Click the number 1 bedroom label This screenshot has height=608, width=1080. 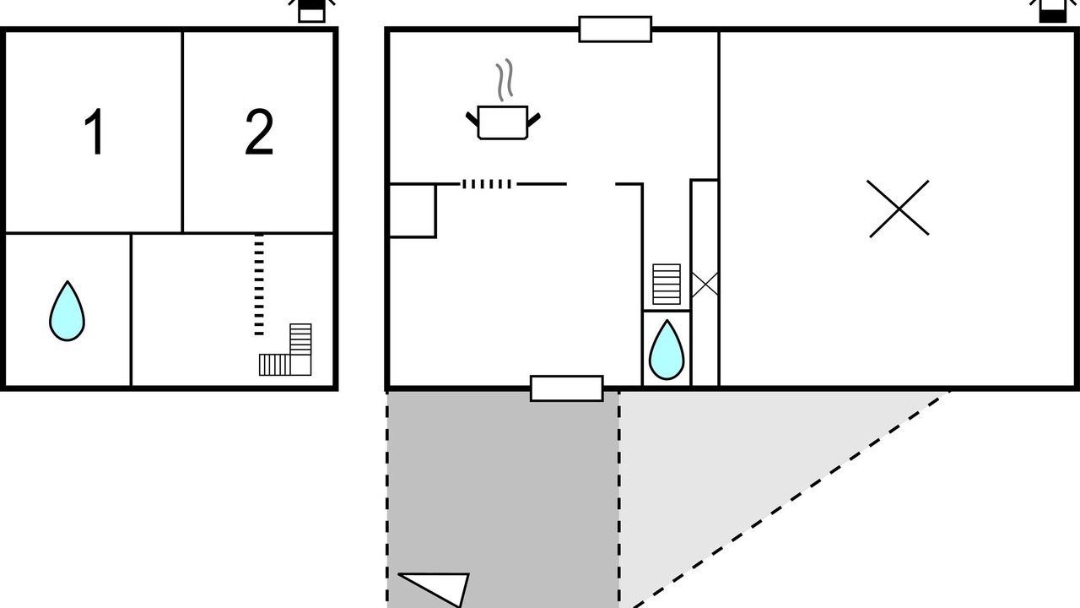(x=94, y=133)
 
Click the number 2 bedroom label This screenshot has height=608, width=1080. (x=259, y=133)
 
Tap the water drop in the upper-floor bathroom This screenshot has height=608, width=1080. (x=67, y=311)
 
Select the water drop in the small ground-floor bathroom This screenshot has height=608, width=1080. (x=666, y=350)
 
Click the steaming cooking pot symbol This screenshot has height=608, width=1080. (x=503, y=122)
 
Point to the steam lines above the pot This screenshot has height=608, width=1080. (x=504, y=80)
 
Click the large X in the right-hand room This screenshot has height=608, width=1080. (x=899, y=208)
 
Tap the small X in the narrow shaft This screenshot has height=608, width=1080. (x=705, y=284)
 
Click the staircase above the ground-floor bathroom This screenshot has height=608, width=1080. (x=666, y=285)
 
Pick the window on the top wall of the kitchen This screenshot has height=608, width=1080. (x=615, y=29)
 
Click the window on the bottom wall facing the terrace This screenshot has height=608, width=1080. (x=566, y=388)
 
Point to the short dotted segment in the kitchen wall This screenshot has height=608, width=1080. (x=487, y=184)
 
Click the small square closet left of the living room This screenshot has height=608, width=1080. (x=412, y=210)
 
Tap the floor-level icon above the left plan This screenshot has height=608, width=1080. (x=311, y=10)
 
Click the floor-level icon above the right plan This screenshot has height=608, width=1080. (x=1051, y=10)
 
